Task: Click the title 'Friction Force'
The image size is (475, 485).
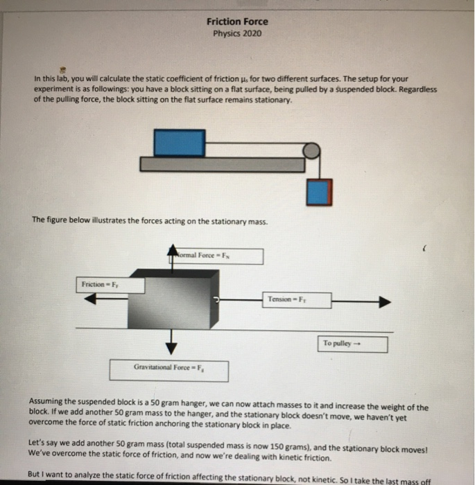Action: (x=237, y=21)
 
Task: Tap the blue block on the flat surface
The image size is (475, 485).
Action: (x=179, y=142)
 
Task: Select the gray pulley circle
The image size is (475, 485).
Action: (x=313, y=150)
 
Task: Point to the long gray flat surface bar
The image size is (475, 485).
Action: (x=222, y=164)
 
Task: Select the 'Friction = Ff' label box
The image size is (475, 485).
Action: (x=101, y=285)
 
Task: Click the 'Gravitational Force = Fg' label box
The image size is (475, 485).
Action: (x=169, y=369)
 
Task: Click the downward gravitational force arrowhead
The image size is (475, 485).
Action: (x=171, y=348)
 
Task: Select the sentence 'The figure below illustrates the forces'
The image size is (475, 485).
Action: (x=149, y=220)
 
